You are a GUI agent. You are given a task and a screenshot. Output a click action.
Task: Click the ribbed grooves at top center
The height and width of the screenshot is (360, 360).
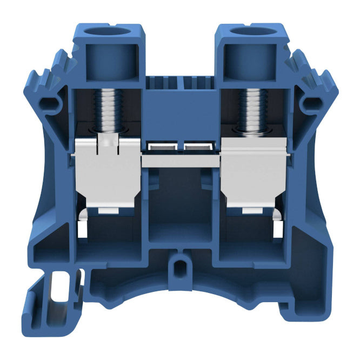pos(180,82)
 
